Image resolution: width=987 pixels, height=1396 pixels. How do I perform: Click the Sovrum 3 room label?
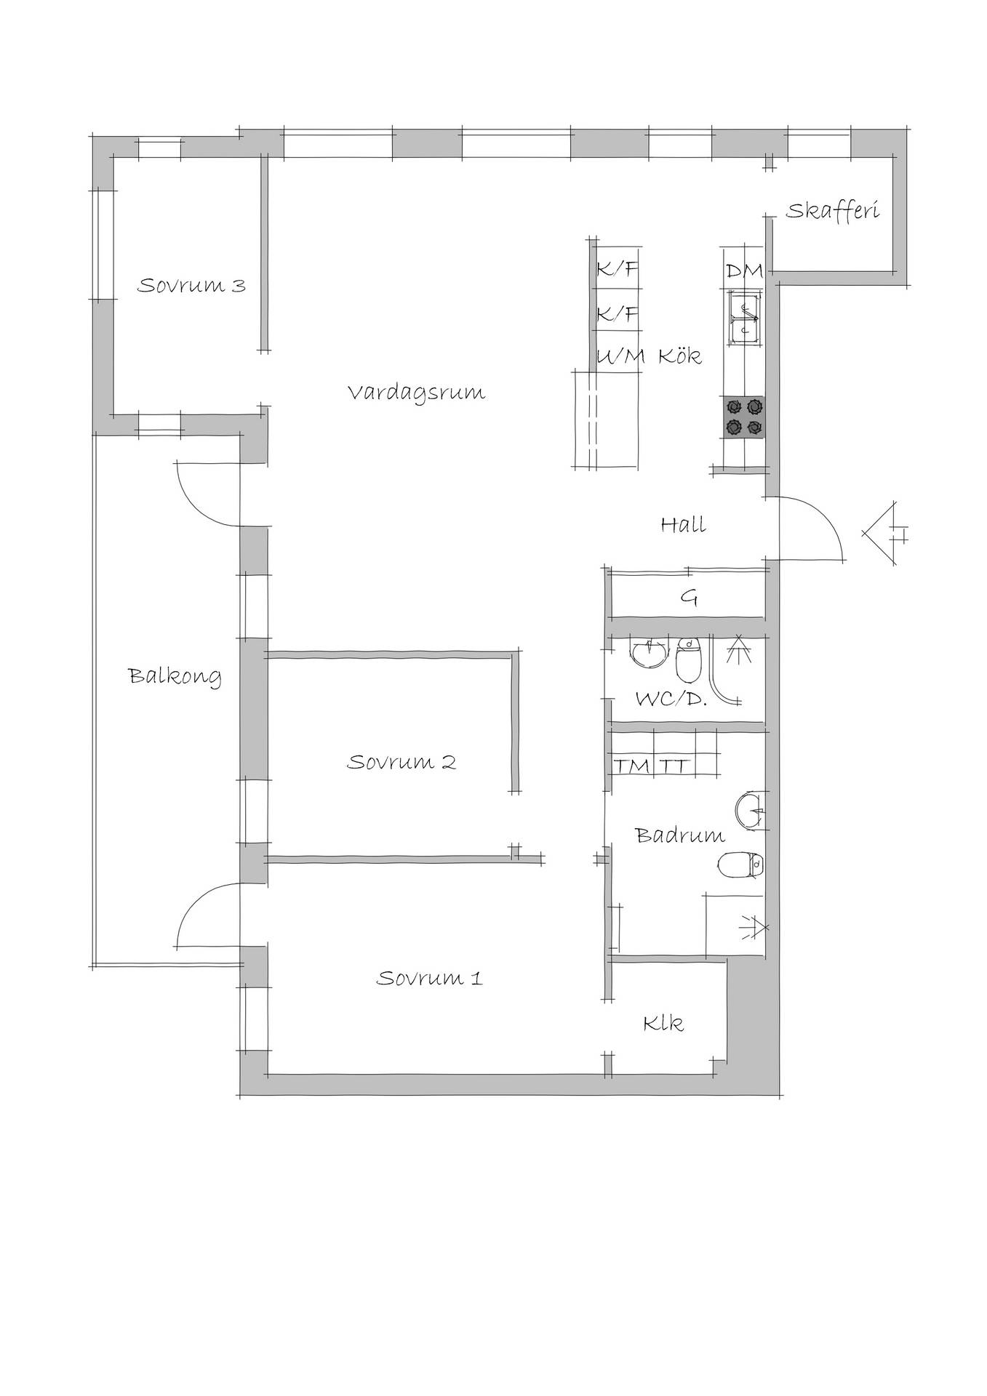[x=191, y=285]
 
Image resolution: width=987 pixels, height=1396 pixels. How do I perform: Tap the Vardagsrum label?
[x=416, y=393]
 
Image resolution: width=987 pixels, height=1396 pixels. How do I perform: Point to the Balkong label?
[x=175, y=676]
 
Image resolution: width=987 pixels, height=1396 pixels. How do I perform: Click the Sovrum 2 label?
[x=401, y=762]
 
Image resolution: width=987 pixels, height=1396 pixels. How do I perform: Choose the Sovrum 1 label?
[x=429, y=978]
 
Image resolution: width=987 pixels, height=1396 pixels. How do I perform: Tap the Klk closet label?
[x=663, y=1024]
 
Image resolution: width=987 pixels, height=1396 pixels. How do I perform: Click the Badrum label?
[x=680, y=835]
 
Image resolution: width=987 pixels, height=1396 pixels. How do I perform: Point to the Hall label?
[x=684, y=524]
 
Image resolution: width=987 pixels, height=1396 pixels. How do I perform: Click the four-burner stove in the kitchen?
[x=743, y=417]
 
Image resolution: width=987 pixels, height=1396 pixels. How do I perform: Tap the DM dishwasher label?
[x=744, y=271]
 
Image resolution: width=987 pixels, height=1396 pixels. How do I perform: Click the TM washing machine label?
[x=631, y=766]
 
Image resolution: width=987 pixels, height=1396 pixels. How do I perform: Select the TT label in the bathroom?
[x=674, y=766]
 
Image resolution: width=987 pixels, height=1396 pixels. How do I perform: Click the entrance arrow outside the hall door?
[x=884, y=533]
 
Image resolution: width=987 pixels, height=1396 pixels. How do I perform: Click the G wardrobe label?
[x=689, y=598]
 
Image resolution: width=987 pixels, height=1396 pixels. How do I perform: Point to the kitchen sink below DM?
[x=743, y=318]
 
